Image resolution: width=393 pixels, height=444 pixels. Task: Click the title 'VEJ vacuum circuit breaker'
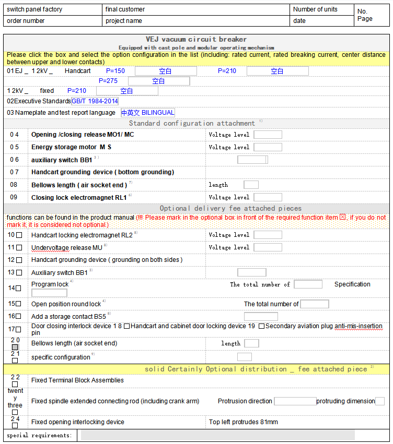point(196,39)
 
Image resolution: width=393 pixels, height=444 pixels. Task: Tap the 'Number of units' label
point(315,9)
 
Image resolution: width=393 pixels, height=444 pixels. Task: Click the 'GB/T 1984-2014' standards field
point(95,101)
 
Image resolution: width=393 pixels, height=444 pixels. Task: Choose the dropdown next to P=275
point(159,81)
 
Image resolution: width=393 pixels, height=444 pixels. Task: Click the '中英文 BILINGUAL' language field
point(148,113)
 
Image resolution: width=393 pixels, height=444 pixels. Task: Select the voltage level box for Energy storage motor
point(268,147)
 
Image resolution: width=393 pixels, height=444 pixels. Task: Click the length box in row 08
point(251,185)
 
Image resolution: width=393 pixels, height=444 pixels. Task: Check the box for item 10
point(19,235)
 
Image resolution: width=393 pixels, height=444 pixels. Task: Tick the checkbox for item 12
point(19,260)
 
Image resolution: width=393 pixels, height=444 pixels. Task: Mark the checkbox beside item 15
point(19,304)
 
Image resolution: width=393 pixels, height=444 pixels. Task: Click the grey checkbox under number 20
point(15,347)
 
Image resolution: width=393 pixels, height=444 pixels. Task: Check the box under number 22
point(15,384)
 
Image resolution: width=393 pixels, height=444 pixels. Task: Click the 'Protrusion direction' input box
point(295,401)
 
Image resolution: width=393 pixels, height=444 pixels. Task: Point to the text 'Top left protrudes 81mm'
point(244,422)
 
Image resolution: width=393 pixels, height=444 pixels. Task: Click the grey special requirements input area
point(217,435)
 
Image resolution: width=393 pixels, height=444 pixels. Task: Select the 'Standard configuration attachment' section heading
point(192,124)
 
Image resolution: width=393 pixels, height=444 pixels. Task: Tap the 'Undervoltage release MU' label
point(67,248)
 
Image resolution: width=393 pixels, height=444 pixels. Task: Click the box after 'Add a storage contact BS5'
point(261,317)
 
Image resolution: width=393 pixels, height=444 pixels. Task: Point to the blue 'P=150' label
point(115,71)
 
